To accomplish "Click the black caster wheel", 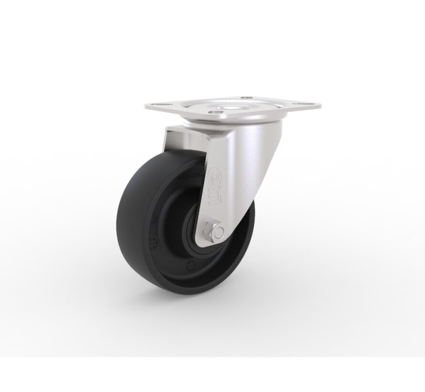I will tap(158, 225).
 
